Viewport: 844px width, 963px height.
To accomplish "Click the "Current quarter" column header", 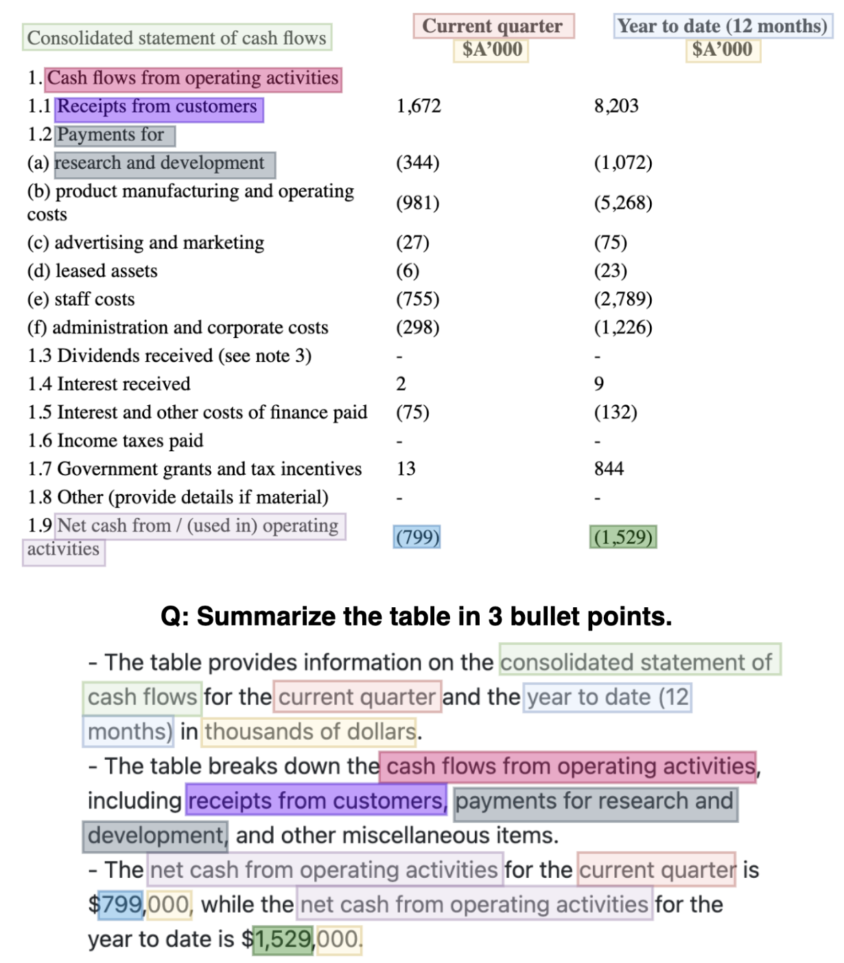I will [493, 26].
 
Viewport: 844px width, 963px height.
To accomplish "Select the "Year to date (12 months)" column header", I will [722, 26].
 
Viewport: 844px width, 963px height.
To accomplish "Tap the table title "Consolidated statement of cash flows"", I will [176, 38].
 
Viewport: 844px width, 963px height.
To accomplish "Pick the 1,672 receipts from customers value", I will [419, 106].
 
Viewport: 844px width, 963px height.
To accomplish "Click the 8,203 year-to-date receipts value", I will [616, 106].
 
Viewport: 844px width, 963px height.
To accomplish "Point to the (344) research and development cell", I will [417, 163].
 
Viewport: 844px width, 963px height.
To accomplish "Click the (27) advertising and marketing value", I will [412, 242].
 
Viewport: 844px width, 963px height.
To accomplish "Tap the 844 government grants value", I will [609, 468].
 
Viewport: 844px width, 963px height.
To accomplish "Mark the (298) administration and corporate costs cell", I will [417, 328].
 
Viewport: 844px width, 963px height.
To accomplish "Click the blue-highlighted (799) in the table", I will [417, 537].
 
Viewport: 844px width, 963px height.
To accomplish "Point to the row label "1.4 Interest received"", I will [109, 384].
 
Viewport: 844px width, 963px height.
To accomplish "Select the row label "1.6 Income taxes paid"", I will [115, 440].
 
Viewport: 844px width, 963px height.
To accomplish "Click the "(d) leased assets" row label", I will [92, 271].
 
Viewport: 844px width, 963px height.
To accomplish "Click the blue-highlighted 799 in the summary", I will [121, 905].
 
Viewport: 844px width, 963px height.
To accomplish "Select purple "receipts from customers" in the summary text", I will [316, 801].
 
